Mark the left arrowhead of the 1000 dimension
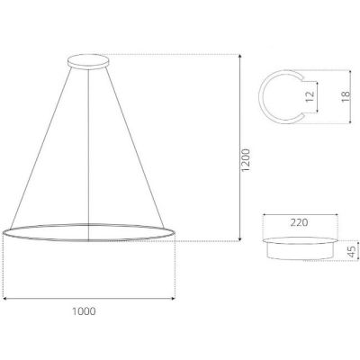click(x=5, y=298)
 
